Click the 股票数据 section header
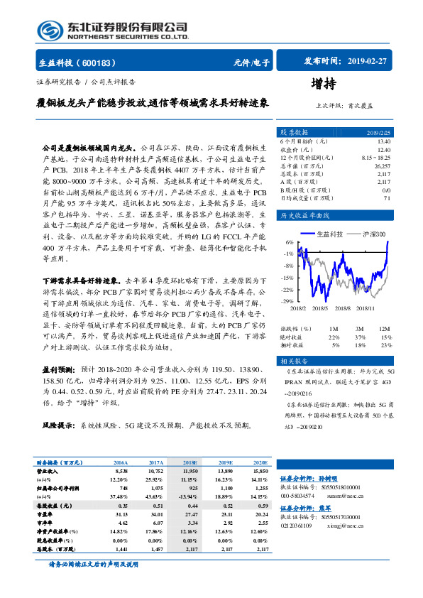pyautogui.click(x=293, y=132)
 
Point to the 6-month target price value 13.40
pyautogui.click(x=384, y=141)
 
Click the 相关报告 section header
pyautogui.click(x=293, y=361)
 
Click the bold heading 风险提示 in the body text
pyautogui.click(x=59, y=425)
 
